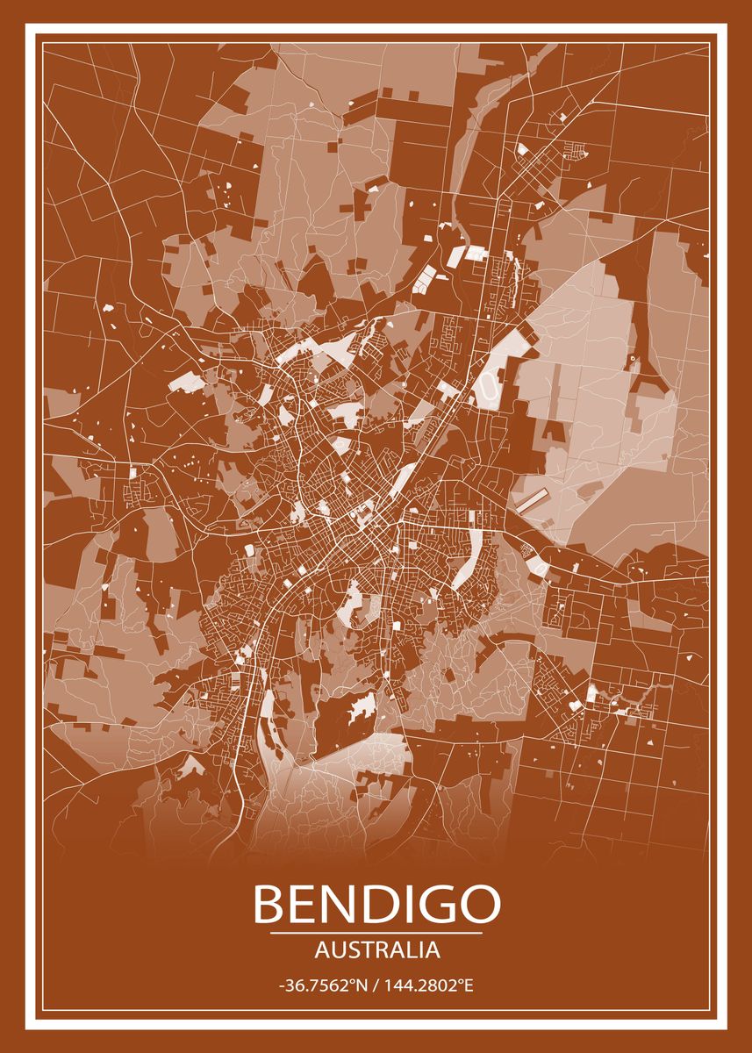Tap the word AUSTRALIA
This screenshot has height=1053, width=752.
pos(376,949)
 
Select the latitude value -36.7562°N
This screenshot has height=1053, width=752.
pos(321,986)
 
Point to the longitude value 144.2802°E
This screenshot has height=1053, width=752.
pos(428,986)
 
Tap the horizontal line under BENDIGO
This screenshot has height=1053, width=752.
pos(376,933)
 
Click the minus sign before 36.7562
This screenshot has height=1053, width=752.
pos(281,986)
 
